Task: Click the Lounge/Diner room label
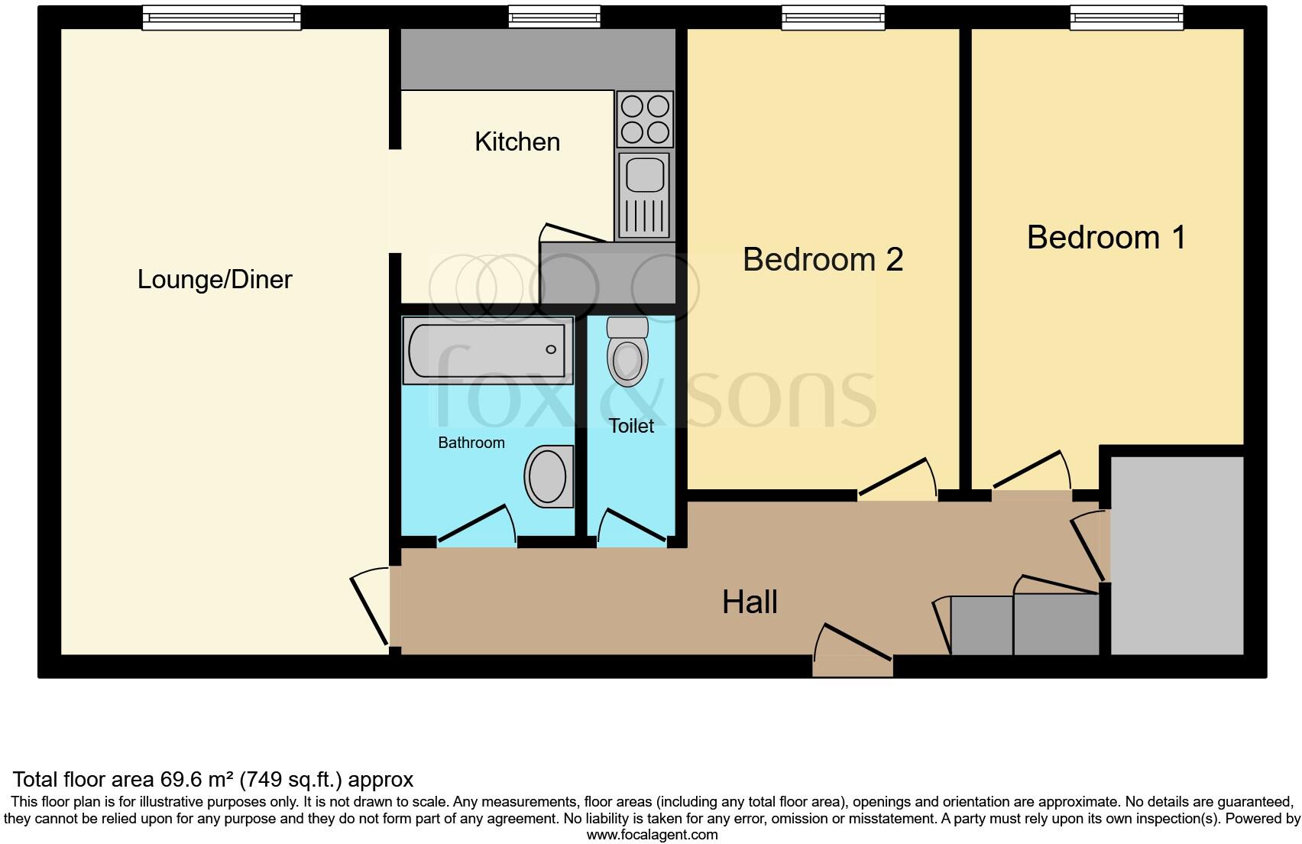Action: pos(215,280)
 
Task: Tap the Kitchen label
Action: pos(517,142)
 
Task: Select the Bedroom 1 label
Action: pos(1106,238)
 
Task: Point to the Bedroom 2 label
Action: pos(823,260)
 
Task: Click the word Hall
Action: pos(750,602)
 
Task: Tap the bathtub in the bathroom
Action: pos(487,350)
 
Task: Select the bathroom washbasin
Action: pos(549,476)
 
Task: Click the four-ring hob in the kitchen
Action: pos(645,118)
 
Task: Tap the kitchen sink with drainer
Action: pos(645,195)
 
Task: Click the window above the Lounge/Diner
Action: pos(222,17)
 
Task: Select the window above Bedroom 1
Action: pos(1126,17)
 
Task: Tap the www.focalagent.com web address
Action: pos(652,835)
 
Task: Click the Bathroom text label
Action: pos(471,443)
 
